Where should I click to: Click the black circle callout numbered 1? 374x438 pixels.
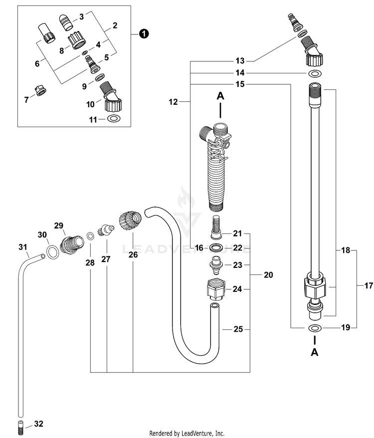point(144,34)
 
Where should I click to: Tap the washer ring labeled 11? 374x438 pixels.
point(114,118)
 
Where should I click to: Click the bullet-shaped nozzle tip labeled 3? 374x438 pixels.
point(66,22)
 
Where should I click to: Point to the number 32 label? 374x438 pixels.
point(38,424)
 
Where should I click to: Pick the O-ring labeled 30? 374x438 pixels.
point(52,252)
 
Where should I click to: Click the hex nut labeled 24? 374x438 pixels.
point(215,289)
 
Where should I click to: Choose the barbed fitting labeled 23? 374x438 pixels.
point(216,264)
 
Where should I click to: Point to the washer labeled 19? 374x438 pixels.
point(315,328)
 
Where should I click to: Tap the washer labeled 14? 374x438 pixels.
point(315,74)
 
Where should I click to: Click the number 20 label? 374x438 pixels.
point(268,275)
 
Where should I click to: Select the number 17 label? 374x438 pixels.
point(369,285)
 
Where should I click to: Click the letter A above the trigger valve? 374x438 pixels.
point(220,96)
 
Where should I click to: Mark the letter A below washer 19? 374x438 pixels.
point(315,352)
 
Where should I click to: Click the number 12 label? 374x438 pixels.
point(173,102)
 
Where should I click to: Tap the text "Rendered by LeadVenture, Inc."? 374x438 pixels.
point(187,433)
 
